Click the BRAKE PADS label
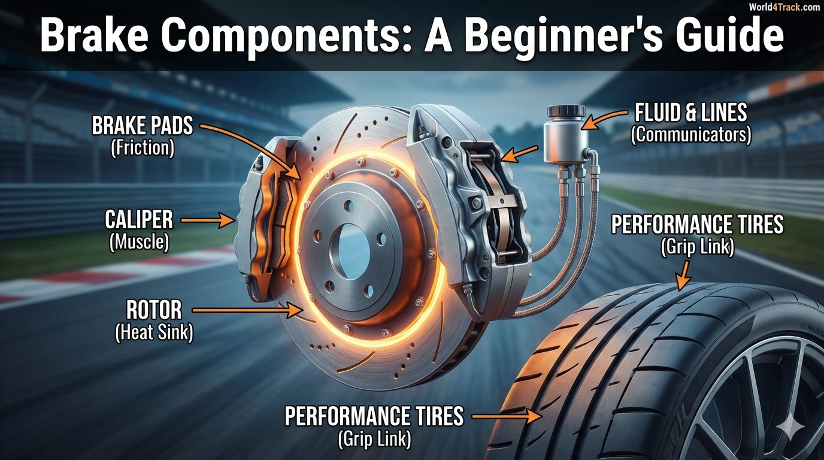[x=143, y=126]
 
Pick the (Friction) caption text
[x=143, y=147]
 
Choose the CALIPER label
[x=139, y=220]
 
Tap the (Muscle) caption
[x=139, y=242]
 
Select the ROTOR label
[x=154, y=310]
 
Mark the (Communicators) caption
[x=690, y=134]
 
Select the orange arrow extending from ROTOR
[x=248, y=310]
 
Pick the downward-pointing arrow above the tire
[x=683, y=276]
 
